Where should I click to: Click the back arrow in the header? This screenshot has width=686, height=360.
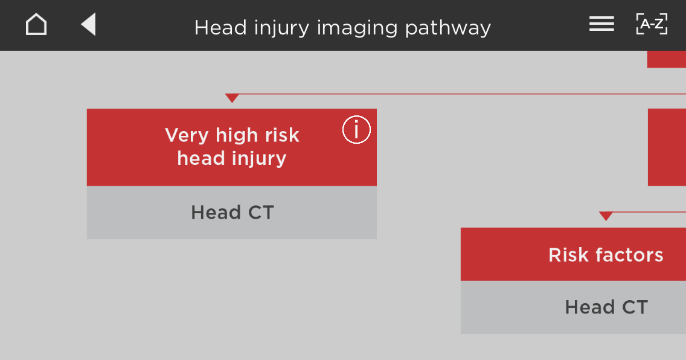coord(88,24)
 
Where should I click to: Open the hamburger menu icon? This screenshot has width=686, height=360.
coord(601,24)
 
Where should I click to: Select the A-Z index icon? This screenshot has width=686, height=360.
coord(652,24)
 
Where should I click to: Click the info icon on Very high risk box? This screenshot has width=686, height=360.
coord(356,130)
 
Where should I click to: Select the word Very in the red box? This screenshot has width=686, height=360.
coord(187,135)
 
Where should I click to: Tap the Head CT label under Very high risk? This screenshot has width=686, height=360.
coord(232,213)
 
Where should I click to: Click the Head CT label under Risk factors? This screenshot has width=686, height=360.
coord(606,307)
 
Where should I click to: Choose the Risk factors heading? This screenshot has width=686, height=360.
coord(606,254)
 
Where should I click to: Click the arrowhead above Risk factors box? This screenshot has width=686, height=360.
coord(606,216)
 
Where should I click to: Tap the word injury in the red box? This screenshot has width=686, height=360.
coord(259,159)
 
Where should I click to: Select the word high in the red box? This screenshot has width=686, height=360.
coord(236,135)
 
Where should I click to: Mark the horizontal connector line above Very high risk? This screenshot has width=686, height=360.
coord(455,94)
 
